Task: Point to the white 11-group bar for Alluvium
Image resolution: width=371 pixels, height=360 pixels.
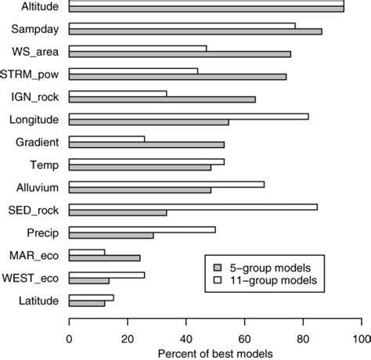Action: (167, 185)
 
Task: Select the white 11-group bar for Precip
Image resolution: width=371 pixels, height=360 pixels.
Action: (142, 229)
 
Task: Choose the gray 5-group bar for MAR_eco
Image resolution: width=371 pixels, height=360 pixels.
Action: (104, 257)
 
